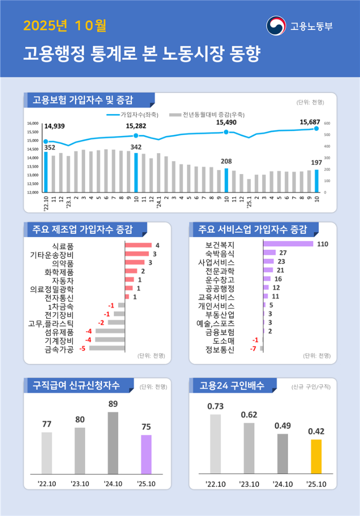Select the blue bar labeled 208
226,181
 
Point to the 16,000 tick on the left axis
32,123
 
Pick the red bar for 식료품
138,246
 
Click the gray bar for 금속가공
107,349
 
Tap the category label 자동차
63,280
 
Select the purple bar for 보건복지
288,244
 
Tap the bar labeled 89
113,442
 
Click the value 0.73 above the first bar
215,406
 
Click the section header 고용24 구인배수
232,386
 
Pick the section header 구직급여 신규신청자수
76,386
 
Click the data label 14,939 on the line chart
55,126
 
